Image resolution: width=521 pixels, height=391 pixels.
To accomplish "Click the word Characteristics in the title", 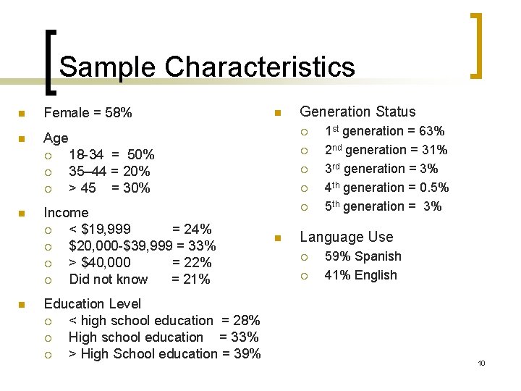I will [x=260, y=67].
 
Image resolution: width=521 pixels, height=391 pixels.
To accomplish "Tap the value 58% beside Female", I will [x=117, y=113].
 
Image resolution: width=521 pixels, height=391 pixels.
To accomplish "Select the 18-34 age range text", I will [x=84, y=154].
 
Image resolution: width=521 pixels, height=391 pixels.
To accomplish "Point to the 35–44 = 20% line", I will [x=109, y=172].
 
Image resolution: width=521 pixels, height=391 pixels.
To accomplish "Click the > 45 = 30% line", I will [x=109, y=188].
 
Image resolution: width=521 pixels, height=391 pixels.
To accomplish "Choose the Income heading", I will [x=66, y=213].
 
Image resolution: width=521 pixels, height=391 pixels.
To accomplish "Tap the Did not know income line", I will [x=109, y=279].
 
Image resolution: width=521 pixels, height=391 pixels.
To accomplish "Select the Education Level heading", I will [x=93, y=303].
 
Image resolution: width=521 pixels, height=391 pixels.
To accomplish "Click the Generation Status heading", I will [x=357, y=112].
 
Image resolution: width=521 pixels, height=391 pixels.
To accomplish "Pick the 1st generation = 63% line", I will [x=384, y=131].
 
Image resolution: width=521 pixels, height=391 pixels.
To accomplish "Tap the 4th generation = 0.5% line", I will [x=386, y=188].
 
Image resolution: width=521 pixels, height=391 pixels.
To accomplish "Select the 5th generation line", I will [x=383, y=206].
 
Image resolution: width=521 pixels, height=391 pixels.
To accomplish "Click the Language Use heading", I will [x=347, y=237].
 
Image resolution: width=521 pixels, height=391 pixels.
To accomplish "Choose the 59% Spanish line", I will [x=363, y=256].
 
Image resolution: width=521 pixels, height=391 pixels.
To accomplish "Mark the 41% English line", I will [x=360, y=275].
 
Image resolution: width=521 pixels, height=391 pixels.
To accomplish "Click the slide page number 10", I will [x=481, y=363].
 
